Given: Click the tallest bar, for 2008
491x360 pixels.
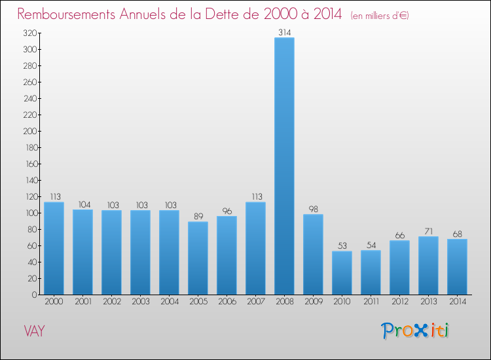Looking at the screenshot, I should click(284, 166).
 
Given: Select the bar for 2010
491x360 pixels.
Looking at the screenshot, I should click(342, 273).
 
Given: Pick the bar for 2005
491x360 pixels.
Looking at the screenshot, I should click(198, 258).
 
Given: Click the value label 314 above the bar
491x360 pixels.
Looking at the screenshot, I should click(284, 32).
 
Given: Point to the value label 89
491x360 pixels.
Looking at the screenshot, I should click(198, 217).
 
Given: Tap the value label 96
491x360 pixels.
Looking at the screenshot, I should click(227, 211).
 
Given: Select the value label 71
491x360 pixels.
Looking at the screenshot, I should click(428, 231).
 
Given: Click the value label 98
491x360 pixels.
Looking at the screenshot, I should click(313, 209).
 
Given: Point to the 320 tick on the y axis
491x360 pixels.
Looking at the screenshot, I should click(29, 33).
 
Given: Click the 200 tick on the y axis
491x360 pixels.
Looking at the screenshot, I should click(29, 131).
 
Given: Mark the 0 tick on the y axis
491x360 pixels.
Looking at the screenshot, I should click(33, 295).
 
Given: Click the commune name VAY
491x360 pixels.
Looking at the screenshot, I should click(34, 331).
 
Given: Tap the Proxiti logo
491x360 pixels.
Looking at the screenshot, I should click(416, 331).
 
